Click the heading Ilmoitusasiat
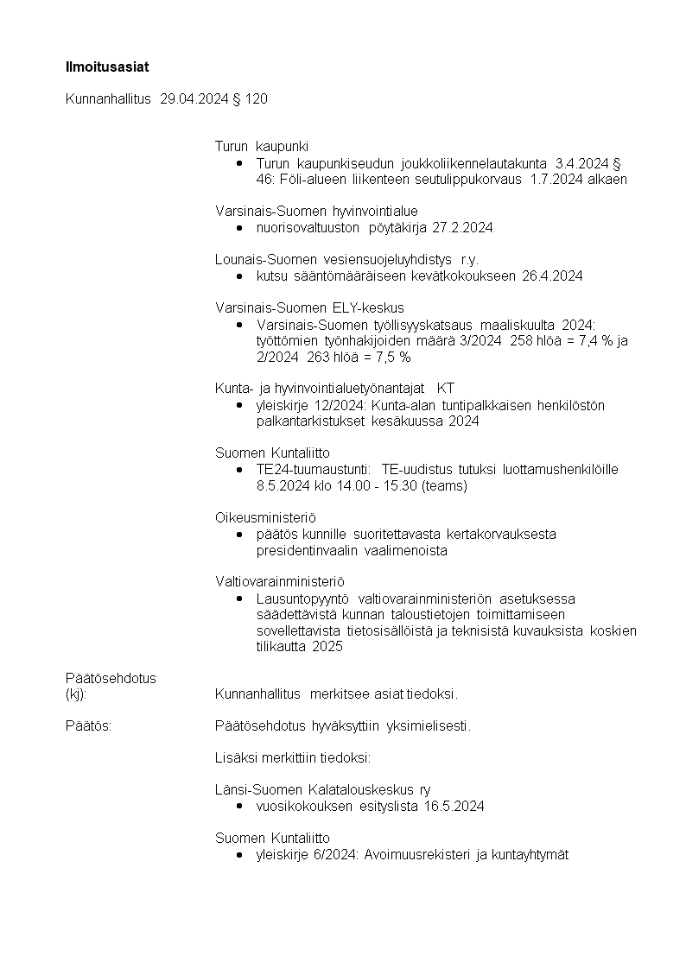[x=101, y=66]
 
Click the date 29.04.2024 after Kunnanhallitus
[x=194, y=99]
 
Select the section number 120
[x=257, y=99]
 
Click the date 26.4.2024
[x=552, y=276]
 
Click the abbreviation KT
[x=446, y=389]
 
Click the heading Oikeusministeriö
[x=265, y=517]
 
